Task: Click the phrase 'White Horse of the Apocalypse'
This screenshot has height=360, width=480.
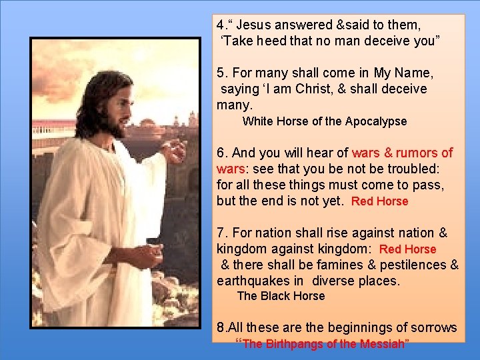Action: pos(324,121)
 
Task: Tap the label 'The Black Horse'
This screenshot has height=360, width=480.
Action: pos(281,296)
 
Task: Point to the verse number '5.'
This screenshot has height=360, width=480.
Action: pos(223,73)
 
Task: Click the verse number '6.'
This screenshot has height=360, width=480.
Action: pos(223,153)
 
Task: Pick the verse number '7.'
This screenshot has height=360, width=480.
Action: pos(223,233)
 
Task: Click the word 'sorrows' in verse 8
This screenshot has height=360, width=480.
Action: pos(433,327)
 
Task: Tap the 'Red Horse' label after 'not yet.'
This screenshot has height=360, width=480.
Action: pos(379,201)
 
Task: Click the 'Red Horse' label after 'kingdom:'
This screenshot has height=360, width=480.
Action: pos(407,249)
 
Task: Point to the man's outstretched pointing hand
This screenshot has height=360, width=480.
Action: pos(175,151)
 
